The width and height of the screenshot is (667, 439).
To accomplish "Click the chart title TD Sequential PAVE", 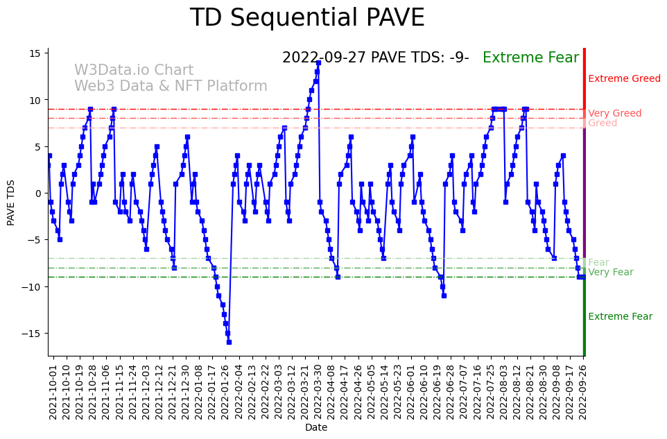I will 306,18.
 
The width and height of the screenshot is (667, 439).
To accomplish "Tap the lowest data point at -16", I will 229,342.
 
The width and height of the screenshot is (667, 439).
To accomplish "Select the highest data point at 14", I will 318,63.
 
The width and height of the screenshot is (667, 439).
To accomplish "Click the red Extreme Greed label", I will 624,79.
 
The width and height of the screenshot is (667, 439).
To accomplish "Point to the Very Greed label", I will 614,114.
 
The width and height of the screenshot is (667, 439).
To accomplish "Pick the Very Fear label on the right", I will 610,273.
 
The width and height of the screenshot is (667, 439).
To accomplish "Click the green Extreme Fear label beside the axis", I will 620,317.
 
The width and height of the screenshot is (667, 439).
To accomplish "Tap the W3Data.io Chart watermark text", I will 134,71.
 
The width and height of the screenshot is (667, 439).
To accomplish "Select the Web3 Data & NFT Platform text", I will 171,86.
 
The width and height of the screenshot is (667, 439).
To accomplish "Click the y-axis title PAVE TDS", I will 11,202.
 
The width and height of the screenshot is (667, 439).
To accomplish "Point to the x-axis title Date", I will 315,428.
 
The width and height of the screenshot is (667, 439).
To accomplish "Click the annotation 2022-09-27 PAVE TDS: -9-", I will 375,58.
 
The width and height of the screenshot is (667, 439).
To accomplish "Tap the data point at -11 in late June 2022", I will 444,295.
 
